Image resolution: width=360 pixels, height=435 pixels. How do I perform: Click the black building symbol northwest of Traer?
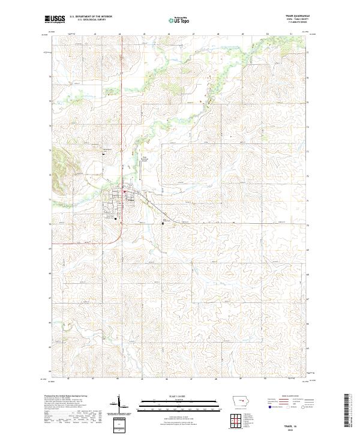click(103, 153)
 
